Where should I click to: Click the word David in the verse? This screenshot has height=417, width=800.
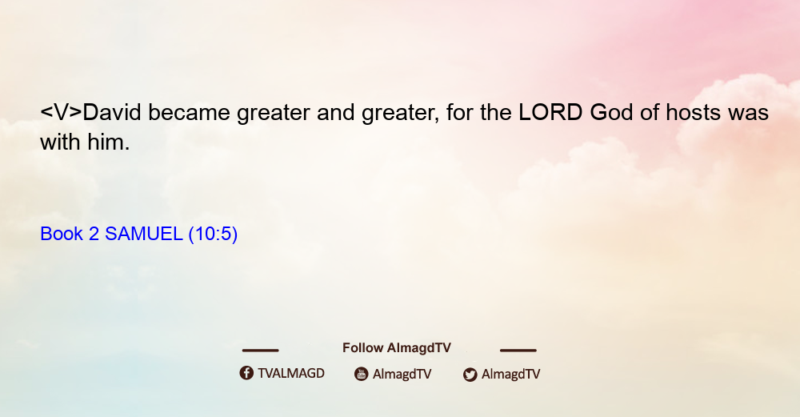pyautogui.click(x=112, y=112)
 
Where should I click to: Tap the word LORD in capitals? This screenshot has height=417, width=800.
pyautogui.click(x=550, y=112)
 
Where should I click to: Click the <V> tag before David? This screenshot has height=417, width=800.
pyautogui.click(x=62, y=112)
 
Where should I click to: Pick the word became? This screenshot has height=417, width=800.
pyautogui.click(x=189, y=112)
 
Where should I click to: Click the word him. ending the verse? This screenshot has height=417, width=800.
pyautogui.click(x=108, y=142)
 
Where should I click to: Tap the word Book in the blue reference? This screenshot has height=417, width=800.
pyautogui.click(x=62, y=234)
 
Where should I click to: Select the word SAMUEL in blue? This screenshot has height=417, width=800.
pyautogui.click(x=143, y=234)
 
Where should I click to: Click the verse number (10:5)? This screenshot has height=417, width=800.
pyautogui.click(x=214, y=235)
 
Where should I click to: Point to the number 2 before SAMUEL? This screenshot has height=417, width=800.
pyautogui.click(x=94, y=234)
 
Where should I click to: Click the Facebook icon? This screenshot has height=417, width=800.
pyautogui.click(x=246, y=373)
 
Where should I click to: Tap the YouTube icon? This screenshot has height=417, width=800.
pyautogui.click(x=362, y=374)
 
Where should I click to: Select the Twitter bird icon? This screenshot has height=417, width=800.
pyautogui.click(x=470, y=375)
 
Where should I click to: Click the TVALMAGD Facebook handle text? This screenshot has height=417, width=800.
pyautogui.click(x=291, y=373)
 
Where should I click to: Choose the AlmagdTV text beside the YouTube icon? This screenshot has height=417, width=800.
pyautogui.click(x=402, y=375)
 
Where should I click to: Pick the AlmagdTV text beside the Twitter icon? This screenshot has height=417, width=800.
pyautogui.click(x=510, y=375)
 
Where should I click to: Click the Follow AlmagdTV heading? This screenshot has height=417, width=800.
pyautogui.click(x=397, y=347)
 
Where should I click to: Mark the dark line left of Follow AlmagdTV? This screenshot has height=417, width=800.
pyautogui.click(x=260, y=350)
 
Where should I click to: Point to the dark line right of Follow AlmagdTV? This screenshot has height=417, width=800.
pyautogui.click(x=518, y=350)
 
